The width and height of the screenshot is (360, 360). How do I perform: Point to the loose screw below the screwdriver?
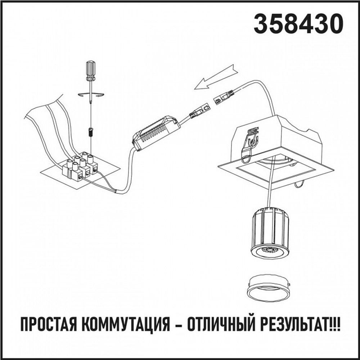91,132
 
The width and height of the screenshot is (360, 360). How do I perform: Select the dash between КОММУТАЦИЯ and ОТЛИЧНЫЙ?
174,325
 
